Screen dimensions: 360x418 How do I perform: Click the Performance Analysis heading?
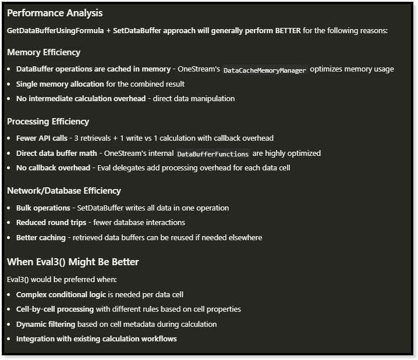[55, 13]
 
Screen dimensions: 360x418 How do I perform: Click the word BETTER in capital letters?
[288, 30]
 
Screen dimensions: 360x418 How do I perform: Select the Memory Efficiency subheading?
[44, 52]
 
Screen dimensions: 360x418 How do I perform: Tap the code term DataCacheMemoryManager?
[264, 70]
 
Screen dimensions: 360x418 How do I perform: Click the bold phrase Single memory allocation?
[60, 84]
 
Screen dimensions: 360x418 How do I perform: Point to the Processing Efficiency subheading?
[48, 122]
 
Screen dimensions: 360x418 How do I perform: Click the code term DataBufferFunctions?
[212, 154]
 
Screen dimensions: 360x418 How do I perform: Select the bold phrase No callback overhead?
[53, 168]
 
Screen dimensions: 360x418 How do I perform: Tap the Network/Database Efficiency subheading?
[64, 191]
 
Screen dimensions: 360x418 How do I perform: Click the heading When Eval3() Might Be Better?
[73, 262]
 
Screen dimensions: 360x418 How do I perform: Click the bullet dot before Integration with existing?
[9, 339]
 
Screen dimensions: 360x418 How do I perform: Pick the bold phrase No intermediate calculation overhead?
[81, 99]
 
